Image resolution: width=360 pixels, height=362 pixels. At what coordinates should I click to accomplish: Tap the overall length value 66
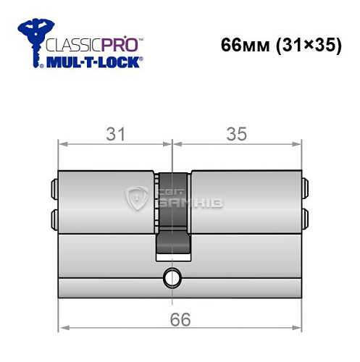pos(180,320)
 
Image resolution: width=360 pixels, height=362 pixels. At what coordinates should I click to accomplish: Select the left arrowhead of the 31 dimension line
pos(62,145)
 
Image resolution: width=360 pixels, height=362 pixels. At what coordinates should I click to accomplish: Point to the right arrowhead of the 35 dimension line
pos(298,145)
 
